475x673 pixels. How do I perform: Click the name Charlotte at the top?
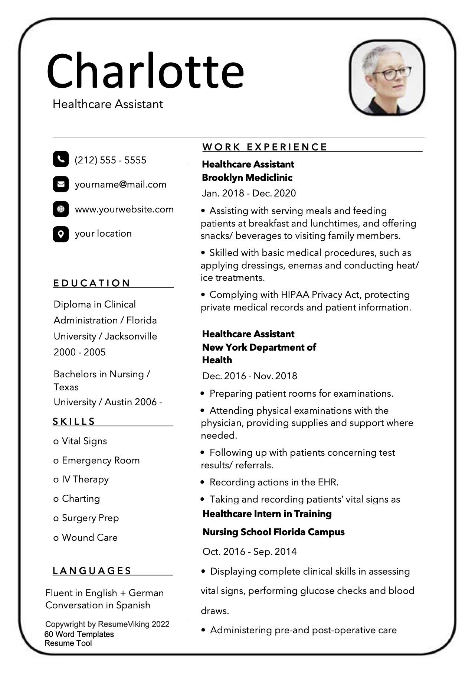(x=145, y=71)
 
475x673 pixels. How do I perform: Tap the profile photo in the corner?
(x=387, y=78)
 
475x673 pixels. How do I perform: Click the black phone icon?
(x=61, y=159)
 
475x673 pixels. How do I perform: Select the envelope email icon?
(x=61, y=184)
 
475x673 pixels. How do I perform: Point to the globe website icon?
(x=61, y=209)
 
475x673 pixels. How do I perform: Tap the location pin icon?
(x=61, y=234)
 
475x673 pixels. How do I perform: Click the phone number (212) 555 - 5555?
(x=111, y=160)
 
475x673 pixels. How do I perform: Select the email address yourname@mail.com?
(x=121, y=185)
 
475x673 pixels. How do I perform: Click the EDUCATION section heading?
(x=92, y=283)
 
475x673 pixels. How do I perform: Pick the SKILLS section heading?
(x=74, y=422)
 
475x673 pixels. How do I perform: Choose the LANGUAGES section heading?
(x=92, y=571)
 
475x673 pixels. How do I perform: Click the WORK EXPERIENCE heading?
(x=265, y=147)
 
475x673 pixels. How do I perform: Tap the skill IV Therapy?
(x=85, y=479)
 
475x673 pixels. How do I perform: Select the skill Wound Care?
(x=89, y=537)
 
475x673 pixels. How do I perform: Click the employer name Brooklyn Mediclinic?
(x=247, y=178)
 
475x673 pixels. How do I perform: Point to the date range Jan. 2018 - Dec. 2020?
(x=249, y=193)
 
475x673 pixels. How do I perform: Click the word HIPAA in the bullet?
(x=295, y=295)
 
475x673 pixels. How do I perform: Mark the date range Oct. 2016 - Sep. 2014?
(x=250, y=552)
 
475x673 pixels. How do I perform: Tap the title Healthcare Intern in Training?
(x=267, y=514)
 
